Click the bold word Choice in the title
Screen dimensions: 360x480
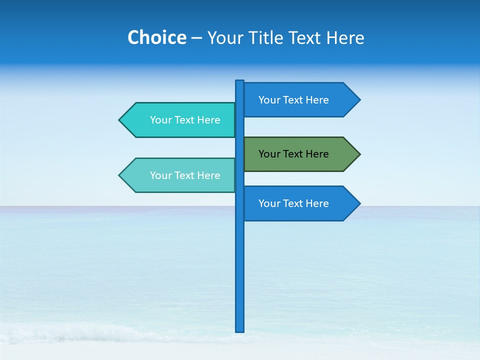coord(156,38)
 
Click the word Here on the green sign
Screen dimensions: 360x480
coord(316,154)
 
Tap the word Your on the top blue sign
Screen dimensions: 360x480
coord(269,100)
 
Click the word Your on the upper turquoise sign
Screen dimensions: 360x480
coord(160,120)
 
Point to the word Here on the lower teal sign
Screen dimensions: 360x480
coord(208,175)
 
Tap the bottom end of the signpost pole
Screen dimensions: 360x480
coord(240,330)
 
